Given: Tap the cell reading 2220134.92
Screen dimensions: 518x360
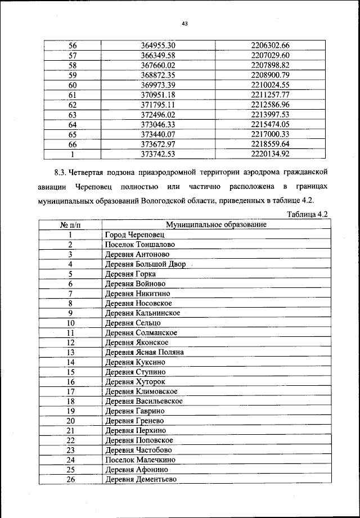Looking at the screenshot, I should coord(270,153).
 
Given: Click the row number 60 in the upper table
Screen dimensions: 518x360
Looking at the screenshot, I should coord(72,85).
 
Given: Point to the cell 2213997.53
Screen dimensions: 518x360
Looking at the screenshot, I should coord(270,114).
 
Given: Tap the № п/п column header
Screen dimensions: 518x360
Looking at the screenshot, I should coord(71,224).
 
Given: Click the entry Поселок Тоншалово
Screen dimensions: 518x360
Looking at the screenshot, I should coord(139,244).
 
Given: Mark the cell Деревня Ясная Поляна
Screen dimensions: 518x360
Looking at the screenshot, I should coord(145,352).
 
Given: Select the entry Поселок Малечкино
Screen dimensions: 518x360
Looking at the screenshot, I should coord(140,460).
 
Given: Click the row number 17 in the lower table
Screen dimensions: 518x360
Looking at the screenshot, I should coord(71,391).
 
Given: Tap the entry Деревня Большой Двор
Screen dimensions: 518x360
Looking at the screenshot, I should coord(145,264).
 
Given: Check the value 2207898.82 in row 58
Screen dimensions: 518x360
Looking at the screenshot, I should coord(270,65).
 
